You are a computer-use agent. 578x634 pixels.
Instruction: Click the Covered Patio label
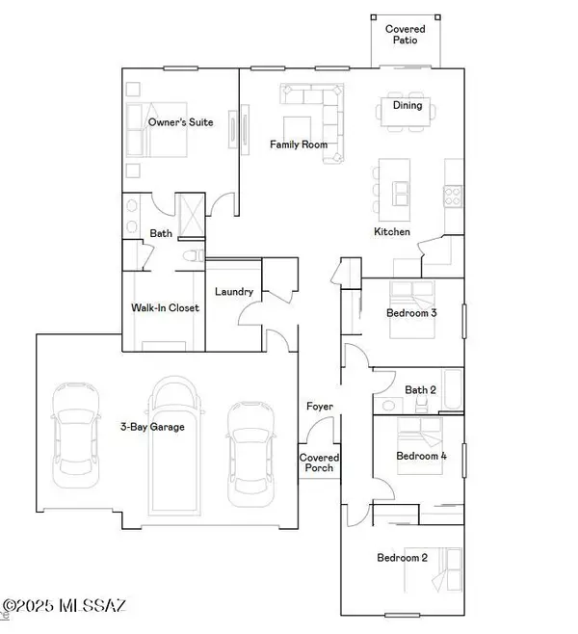tap(406, 35)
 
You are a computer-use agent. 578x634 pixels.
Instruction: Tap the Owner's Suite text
tap(180, 122)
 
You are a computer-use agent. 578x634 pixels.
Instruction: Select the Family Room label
tap(298, 145)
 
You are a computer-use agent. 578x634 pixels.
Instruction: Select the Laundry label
tap(234, 292)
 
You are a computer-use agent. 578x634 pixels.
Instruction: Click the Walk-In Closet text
tap(165, 308)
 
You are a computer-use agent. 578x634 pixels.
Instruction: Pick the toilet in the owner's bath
tap(191, 255)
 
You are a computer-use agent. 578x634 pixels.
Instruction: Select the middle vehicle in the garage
tap(174, 443)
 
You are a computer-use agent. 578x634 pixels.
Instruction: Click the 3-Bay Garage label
tap(153, 425)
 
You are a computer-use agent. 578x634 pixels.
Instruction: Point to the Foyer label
tap(320, 407)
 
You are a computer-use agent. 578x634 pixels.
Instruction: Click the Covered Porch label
tap(317, 463)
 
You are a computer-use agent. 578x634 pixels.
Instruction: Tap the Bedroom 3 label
tap(410, 313)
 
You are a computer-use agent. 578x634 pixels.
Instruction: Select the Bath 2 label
tap(421, 389)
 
